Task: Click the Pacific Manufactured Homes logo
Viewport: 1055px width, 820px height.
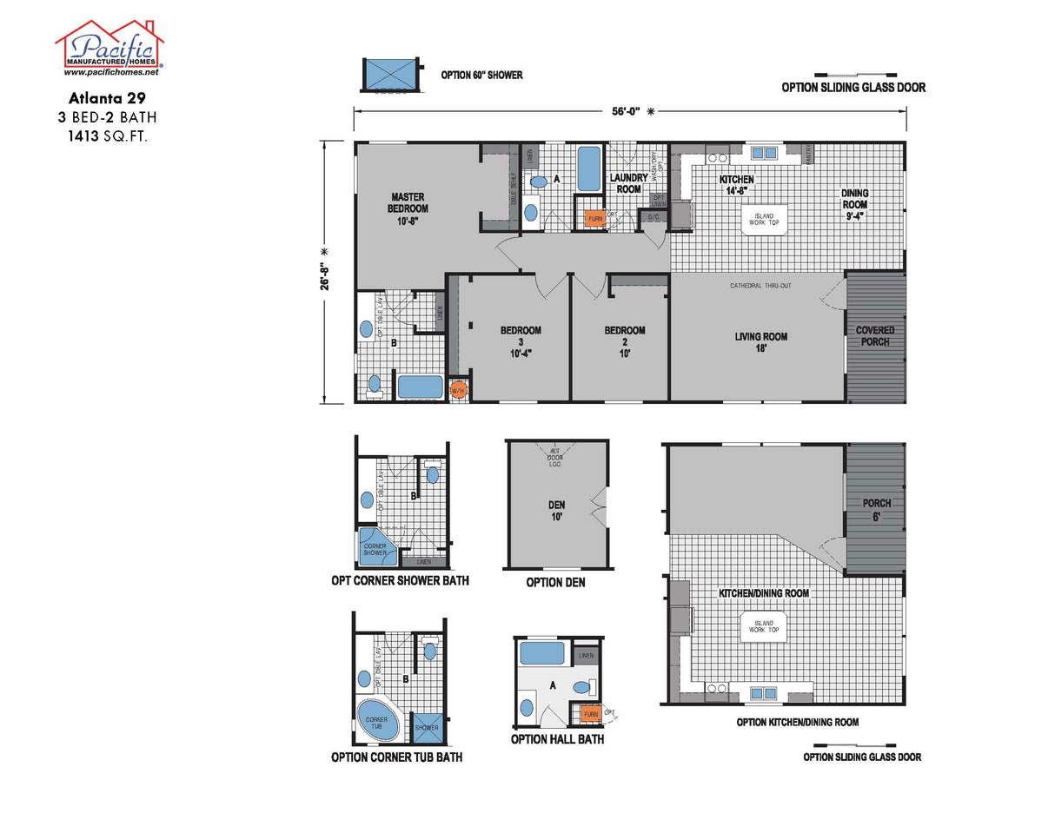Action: pos(109,48)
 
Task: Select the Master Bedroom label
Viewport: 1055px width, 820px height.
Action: pos(408,208)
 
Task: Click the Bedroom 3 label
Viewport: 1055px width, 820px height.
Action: pos(521,341)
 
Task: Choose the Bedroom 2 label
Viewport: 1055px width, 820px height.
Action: pos(625,341)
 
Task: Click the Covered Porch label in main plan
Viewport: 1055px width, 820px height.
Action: pos(875,336)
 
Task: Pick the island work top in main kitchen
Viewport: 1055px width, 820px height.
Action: pos(763,218)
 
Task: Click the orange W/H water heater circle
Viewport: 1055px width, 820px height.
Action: pos(458,390)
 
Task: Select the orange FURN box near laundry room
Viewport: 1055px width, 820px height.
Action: pos(595,219)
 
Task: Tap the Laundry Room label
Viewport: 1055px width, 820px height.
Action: pos(628,183)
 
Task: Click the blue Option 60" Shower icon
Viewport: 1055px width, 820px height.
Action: pos(388,75)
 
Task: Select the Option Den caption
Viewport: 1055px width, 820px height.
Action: pos(555,582)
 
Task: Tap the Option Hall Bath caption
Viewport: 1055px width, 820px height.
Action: pos(557,739)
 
